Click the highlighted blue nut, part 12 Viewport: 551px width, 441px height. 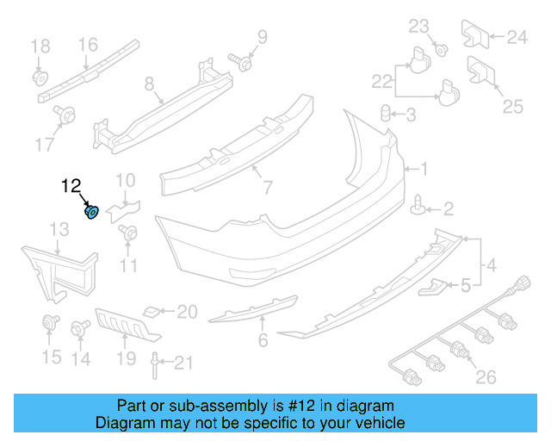(91, 212)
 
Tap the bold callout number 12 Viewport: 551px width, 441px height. (71, 185)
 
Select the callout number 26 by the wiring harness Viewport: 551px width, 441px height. (486, 376)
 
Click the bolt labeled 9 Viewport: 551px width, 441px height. (241, 62)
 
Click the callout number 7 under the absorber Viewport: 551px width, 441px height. (268, 186)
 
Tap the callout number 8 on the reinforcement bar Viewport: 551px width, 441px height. (149, 84)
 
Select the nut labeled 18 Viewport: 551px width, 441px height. (40, 78)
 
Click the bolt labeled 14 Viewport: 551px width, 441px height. (83, 326)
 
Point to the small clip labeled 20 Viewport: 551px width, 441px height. (152, 311)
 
